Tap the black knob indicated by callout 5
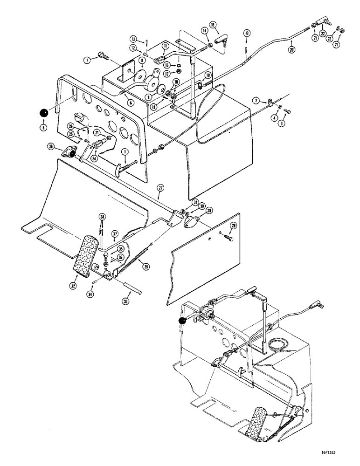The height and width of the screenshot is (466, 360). (43, 113)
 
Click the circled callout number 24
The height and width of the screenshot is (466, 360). (95, 158)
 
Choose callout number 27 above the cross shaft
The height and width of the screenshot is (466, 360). (160, 188)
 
